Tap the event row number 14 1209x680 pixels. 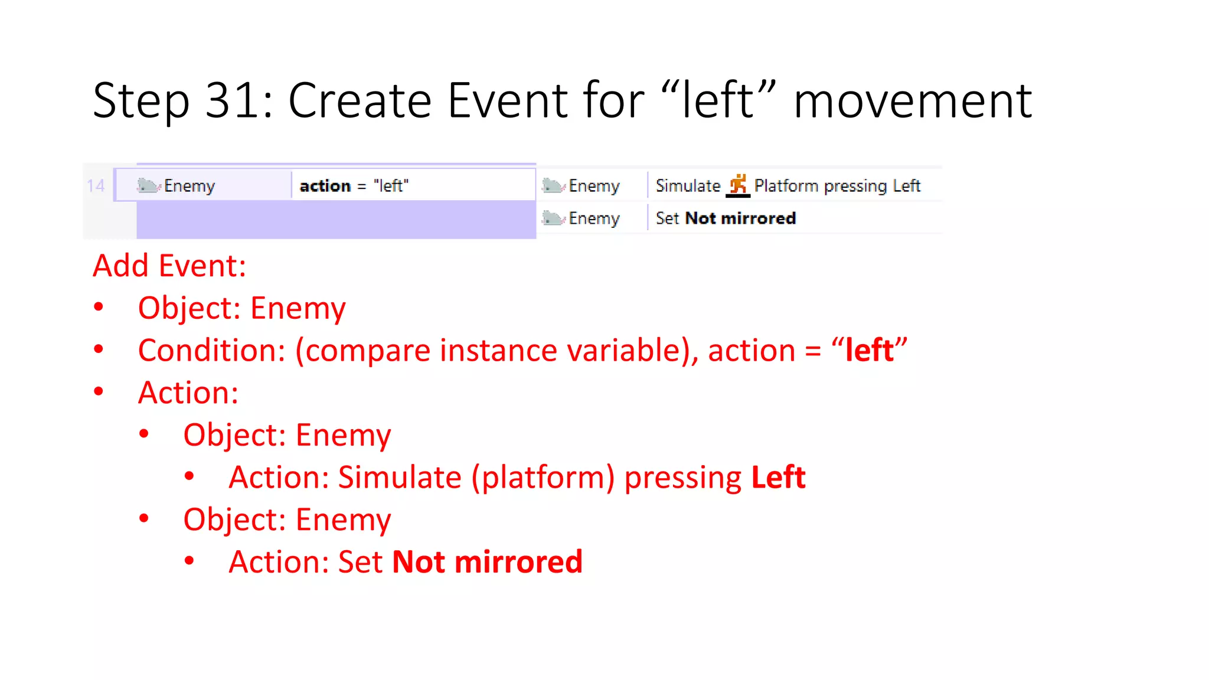pos(96,186)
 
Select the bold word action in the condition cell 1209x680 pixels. pos(325,186)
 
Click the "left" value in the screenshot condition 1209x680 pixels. pos(391,186)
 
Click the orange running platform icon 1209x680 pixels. pos(738,185)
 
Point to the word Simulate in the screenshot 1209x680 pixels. pos(688,186)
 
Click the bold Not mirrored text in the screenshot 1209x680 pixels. pos(741,218)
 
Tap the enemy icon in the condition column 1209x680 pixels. pos(148,186)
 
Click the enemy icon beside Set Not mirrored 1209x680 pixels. pos(553,218)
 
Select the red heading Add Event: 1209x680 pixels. pos(169,266)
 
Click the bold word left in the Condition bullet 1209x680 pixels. pos(869,350)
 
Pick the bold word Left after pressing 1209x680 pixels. pos(778,477)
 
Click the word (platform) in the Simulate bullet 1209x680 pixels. pos(543,477)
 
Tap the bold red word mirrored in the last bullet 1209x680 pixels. pos(518,561)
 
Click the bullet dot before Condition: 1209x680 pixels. pos(99,349)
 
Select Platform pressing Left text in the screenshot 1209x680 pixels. pos(837,186)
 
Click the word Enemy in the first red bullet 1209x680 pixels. pos(298,308)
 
